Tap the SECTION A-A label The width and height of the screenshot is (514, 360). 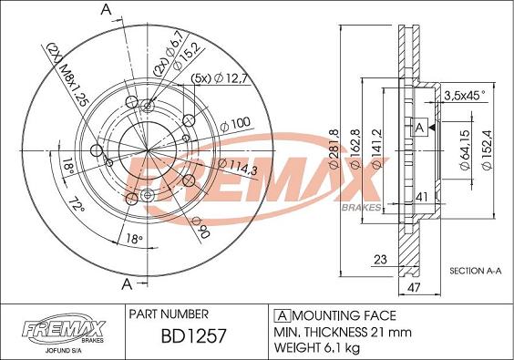coord(478,271)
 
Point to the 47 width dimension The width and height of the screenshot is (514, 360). coord(415,287)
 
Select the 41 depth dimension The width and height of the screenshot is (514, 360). coord(421,196)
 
